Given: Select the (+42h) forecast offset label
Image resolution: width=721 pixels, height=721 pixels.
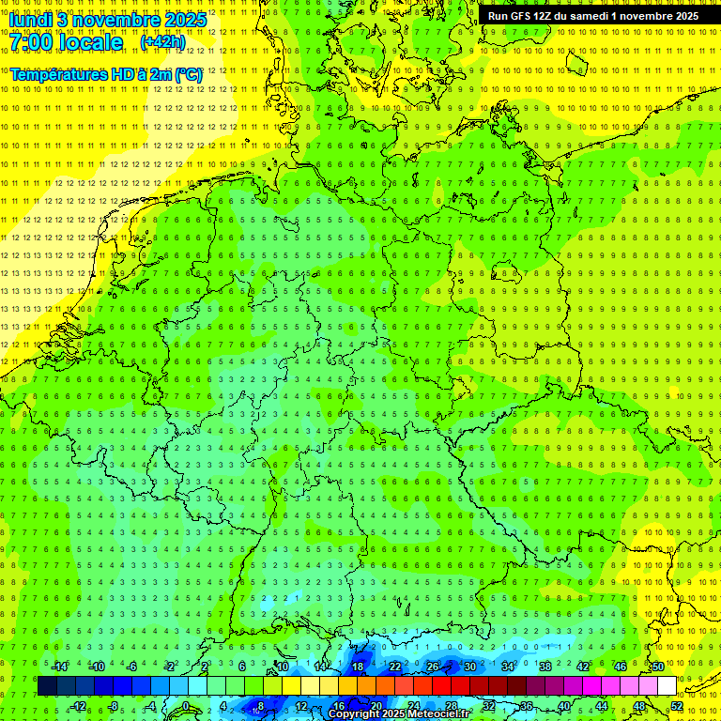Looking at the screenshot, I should [162, 42].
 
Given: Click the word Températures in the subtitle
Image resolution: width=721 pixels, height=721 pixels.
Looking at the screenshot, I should [55, 74].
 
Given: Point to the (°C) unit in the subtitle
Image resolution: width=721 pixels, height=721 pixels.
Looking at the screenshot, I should [188, 74].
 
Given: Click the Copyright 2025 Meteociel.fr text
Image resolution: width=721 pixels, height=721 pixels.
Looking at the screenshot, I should [399, 714].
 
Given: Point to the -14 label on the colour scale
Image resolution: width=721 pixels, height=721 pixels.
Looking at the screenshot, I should [60, 667].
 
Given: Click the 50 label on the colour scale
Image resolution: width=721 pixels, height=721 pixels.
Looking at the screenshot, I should [658, 667].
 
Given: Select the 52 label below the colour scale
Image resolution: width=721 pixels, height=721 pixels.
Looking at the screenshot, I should [677, 706].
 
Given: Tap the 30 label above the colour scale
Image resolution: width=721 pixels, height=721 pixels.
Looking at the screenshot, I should [469, 667].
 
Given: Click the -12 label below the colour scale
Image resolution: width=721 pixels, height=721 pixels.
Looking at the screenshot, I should [79, 706].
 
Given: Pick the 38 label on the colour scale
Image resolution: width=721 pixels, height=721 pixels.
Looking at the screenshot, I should [545, 667].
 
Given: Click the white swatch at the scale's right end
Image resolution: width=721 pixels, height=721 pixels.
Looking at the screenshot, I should [667, 686].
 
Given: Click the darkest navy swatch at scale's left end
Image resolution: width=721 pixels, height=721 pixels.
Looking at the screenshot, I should [47, 686].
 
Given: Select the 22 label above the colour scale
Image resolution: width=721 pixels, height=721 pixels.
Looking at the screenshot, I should [394, 667].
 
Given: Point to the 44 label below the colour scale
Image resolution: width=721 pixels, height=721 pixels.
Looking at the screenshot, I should [602, 706].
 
